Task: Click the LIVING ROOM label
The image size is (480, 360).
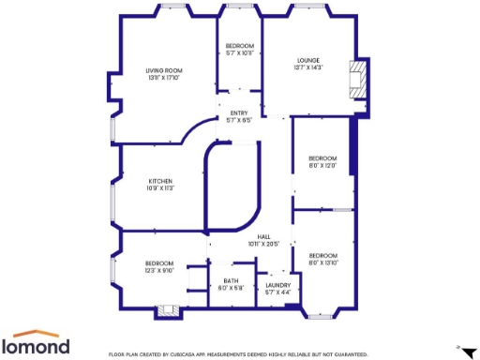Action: click(x=163, y=70)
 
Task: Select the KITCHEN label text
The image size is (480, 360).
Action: click(x=160, y=181)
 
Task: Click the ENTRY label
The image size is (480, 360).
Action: click(x=239, y=113)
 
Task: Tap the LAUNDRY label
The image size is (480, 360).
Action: click(x=278, y=285)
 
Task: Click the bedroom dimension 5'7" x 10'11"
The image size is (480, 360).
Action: click(x=240, y=53)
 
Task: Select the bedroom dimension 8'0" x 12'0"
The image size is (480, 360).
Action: click(x=322, y=166)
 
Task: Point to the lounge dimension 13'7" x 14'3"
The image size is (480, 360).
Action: click(x=308, y=67)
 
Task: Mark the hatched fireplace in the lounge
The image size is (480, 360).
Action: click(x=355, y=80)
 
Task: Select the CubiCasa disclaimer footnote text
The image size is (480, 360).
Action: click(x=238, y=353)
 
